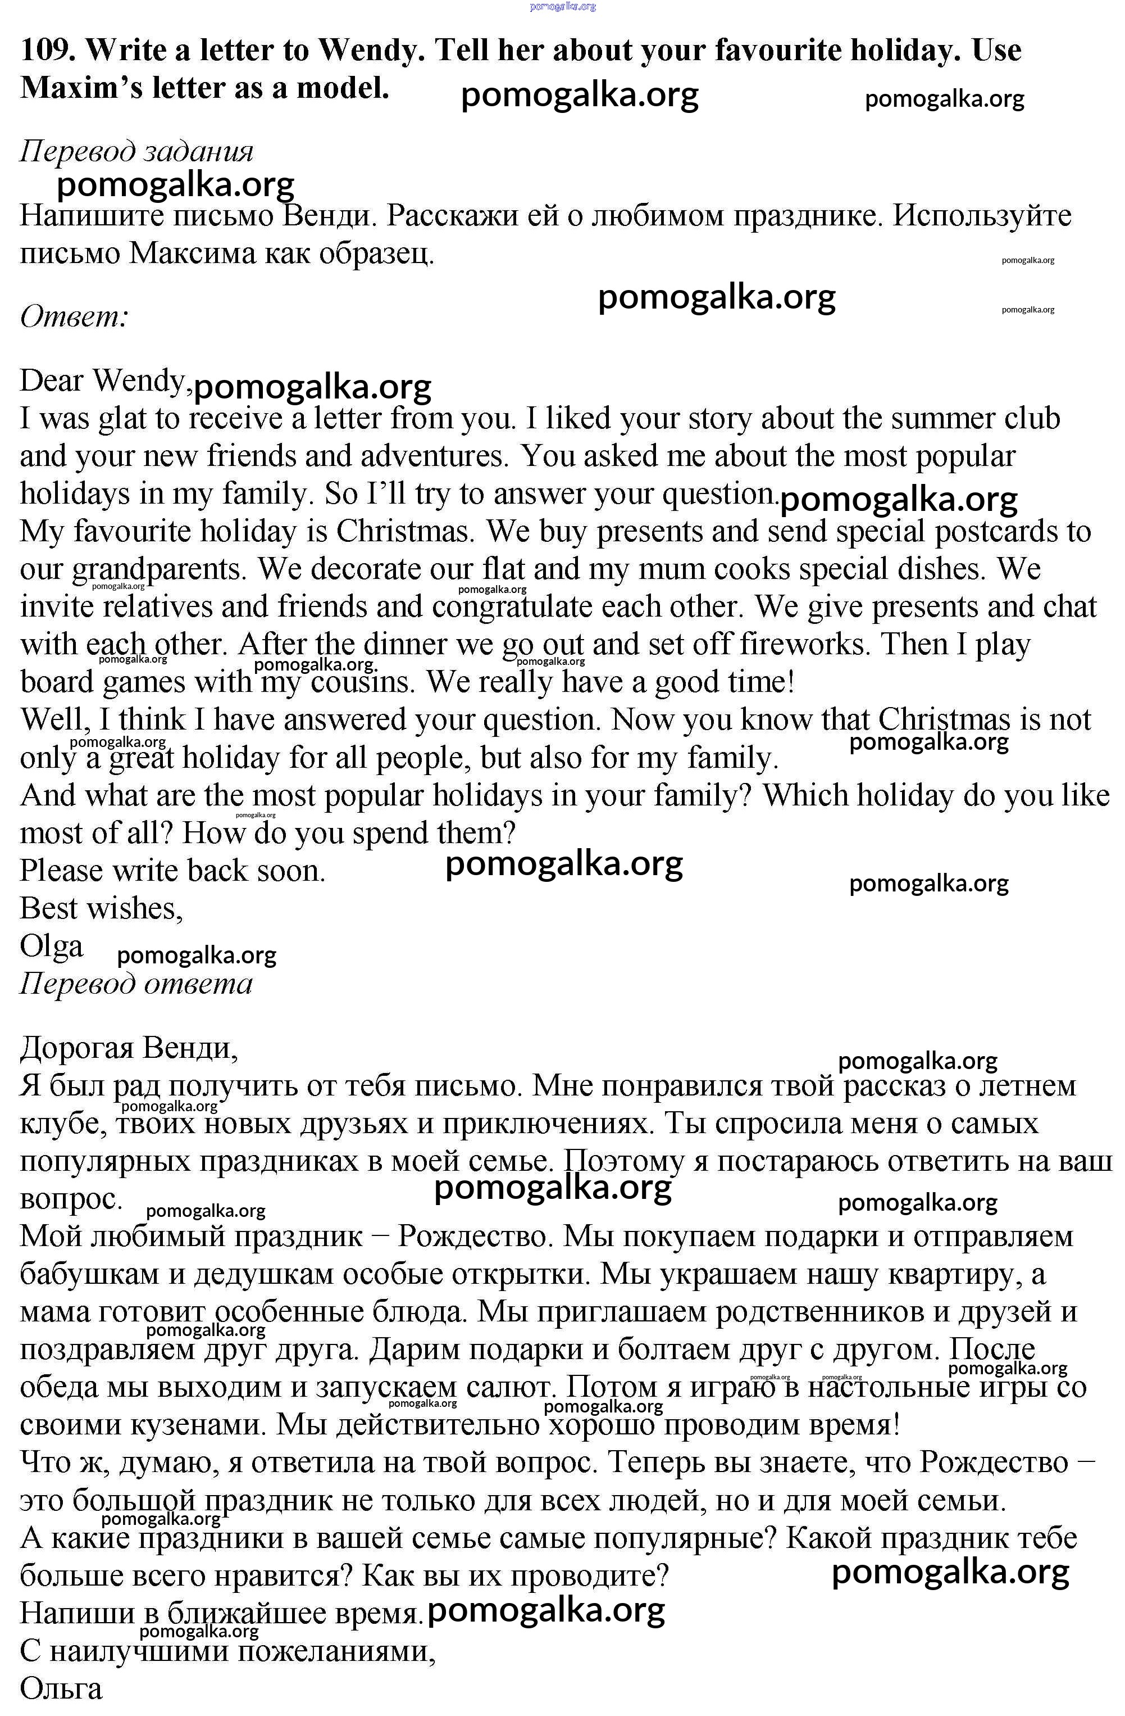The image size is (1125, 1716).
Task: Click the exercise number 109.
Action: coord(47,51)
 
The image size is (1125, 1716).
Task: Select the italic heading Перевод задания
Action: coord(136,151)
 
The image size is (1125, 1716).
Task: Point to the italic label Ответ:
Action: coord(74,316)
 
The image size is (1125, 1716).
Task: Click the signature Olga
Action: coord(51,946)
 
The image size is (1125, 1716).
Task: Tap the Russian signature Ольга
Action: coord(61,1688)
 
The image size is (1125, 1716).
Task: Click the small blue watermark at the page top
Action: coord(563,7)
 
